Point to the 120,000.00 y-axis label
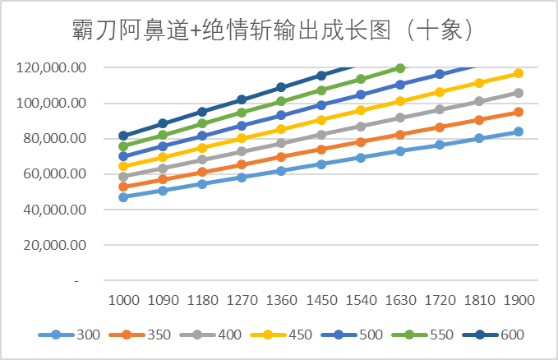point(51,67)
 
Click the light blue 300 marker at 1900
point(519,132)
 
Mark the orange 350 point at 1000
point(123,187)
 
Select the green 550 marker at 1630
point(400,68)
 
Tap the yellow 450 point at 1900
point(519,73)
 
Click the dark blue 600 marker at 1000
point(123,136)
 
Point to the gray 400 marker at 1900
point(519,93)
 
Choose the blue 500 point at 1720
point(440,74)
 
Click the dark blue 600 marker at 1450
point(321,76)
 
